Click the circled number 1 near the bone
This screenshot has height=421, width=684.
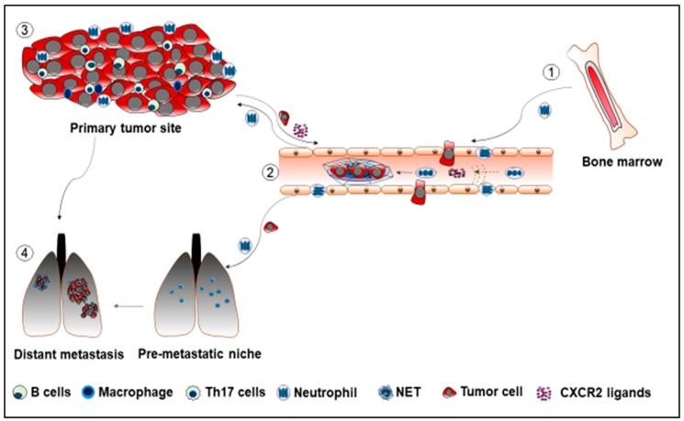(551, 70)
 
